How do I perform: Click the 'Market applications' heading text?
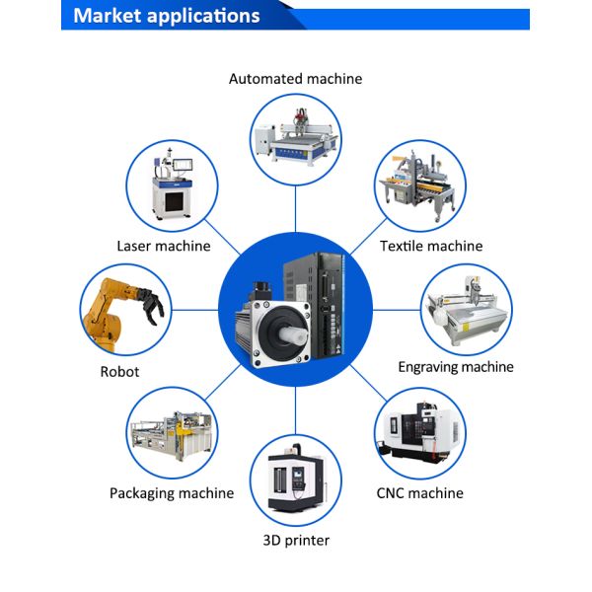(167, 16)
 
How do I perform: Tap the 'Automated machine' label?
(295, 78)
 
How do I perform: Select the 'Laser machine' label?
(164, 246)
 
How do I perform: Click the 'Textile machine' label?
(431, 246)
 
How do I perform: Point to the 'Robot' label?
(119, 372)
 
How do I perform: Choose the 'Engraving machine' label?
(456, 367)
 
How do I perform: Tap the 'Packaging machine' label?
(172, 493)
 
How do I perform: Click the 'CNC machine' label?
(419, 493)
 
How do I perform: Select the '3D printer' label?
(296, 540)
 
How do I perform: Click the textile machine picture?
(418, 185)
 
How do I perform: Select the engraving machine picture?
(466, 309)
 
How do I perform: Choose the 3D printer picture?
(295, 481)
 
